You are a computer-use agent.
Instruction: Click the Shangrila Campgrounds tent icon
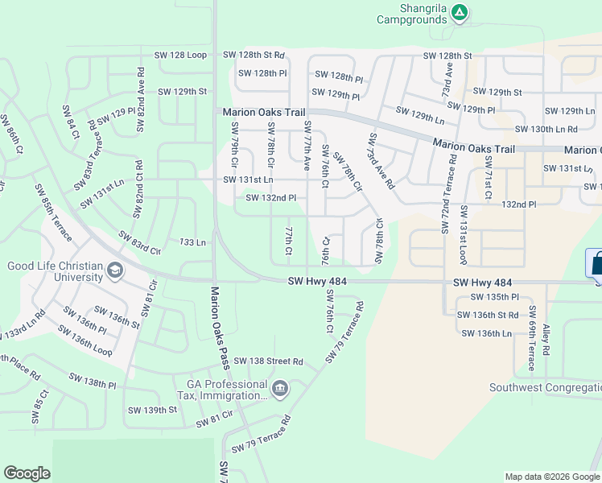point(459,12)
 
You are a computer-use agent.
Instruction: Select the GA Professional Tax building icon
point(279,390)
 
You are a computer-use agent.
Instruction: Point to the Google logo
point(27,473)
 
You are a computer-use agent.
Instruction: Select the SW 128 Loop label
point(180,56)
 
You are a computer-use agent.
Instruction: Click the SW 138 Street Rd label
point(265,362)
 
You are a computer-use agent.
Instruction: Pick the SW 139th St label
point(152,410)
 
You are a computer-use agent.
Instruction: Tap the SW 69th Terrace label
point(532,338)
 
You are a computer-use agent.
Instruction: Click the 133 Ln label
point(193,242)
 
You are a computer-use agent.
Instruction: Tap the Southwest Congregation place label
point(545,388)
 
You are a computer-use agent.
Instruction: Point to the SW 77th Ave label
point(307,146)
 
